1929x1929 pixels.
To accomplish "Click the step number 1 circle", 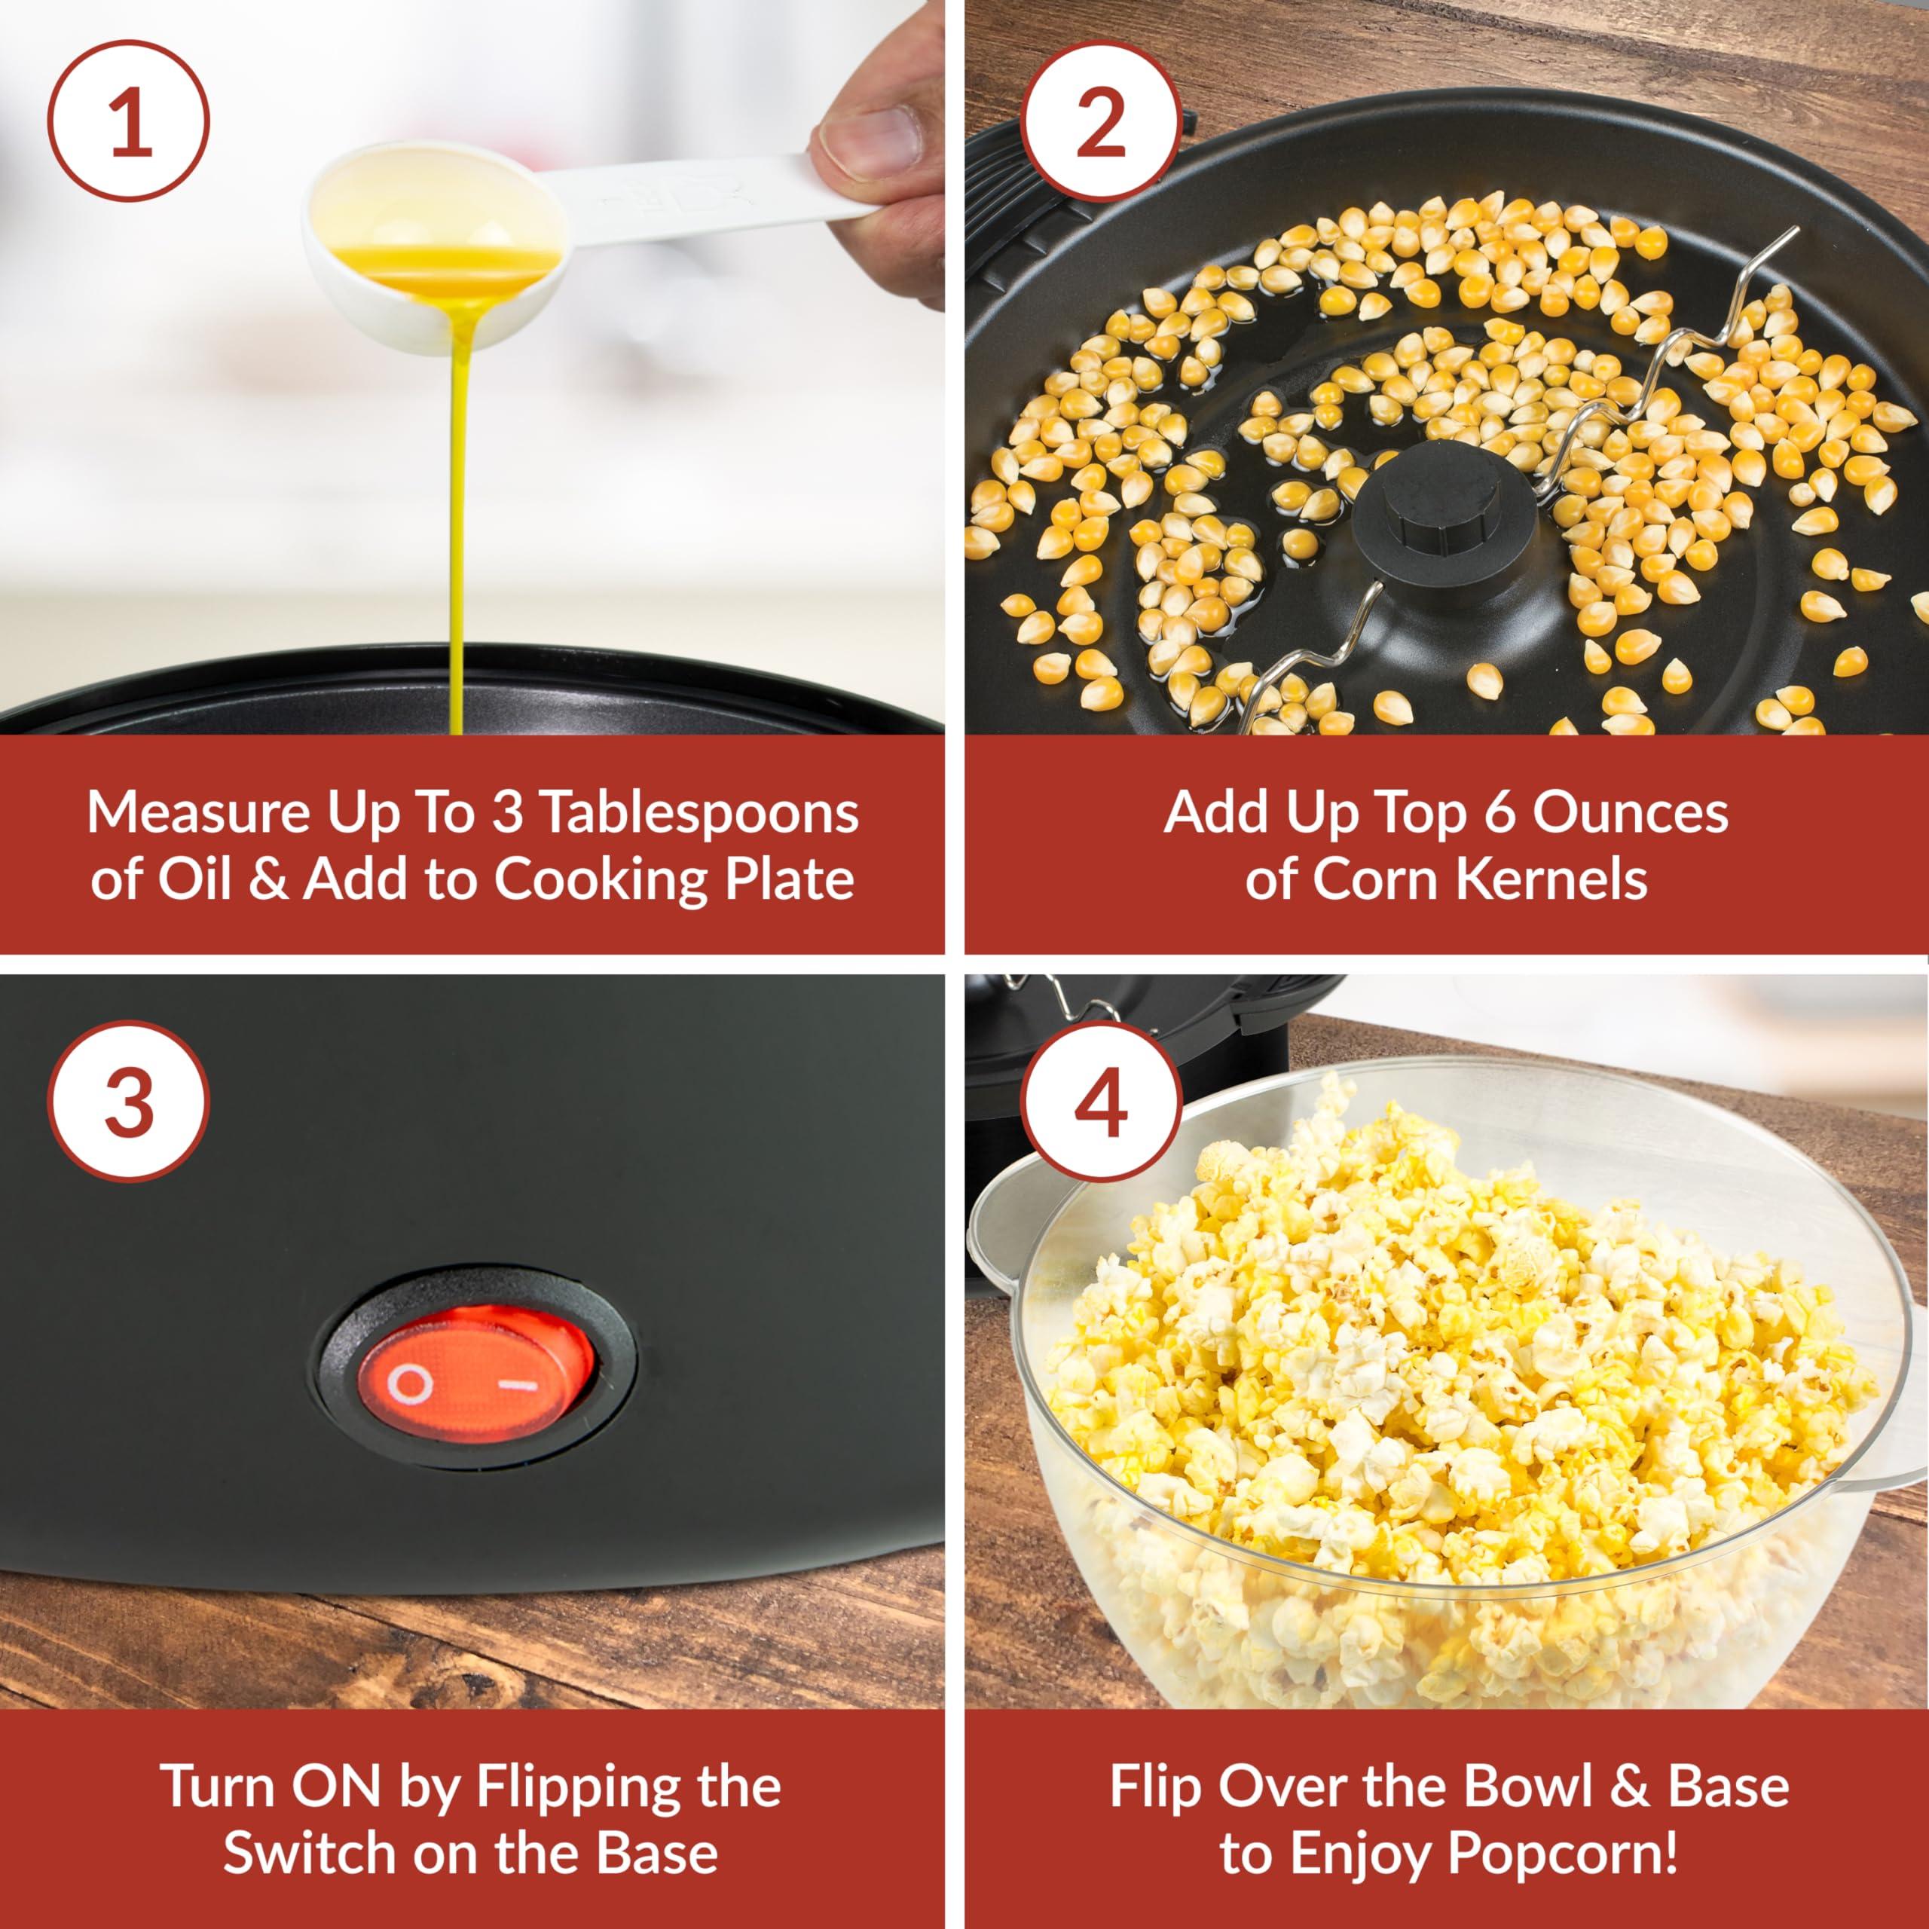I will point(131,123).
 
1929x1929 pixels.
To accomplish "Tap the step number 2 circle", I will point(1102,123).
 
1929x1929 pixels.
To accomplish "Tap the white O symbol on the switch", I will point(411,1384).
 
